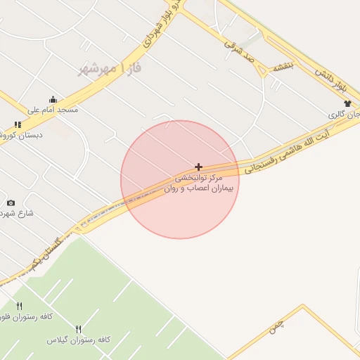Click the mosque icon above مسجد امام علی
pyautogui.click(x=53, y=99)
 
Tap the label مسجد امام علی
pyautogui.click(x=52, y=110)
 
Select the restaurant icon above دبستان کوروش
pyautogui.click(x=18, y=124)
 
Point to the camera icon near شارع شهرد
pyautogui.click(x=11, y=203)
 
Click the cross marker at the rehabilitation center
pyautogui.click(x=199, y=167)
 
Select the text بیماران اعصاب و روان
pyautogui.click(x=200, y=188)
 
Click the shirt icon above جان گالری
pyautogui.click(x=347, y=103)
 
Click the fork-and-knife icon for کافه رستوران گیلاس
pyautogui.click(x=79, y=329)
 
